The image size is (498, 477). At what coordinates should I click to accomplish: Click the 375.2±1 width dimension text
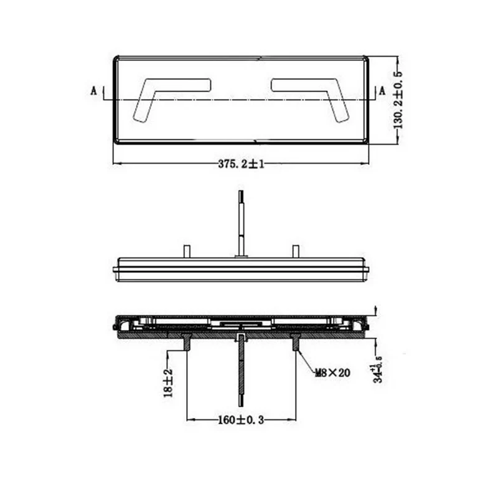click(x=241, y=164)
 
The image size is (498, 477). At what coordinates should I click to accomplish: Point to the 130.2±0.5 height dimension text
click(x=398, y=100)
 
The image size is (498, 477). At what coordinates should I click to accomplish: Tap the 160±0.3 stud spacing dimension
click(x=241, y=420)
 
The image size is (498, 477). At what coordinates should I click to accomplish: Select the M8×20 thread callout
click(x=332, y=372)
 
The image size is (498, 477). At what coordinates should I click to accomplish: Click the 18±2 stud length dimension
click(x=167, y=382)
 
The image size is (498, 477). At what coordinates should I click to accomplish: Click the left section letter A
click(x=94, y=91)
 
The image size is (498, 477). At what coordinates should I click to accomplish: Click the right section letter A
click(x=382, y=91)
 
